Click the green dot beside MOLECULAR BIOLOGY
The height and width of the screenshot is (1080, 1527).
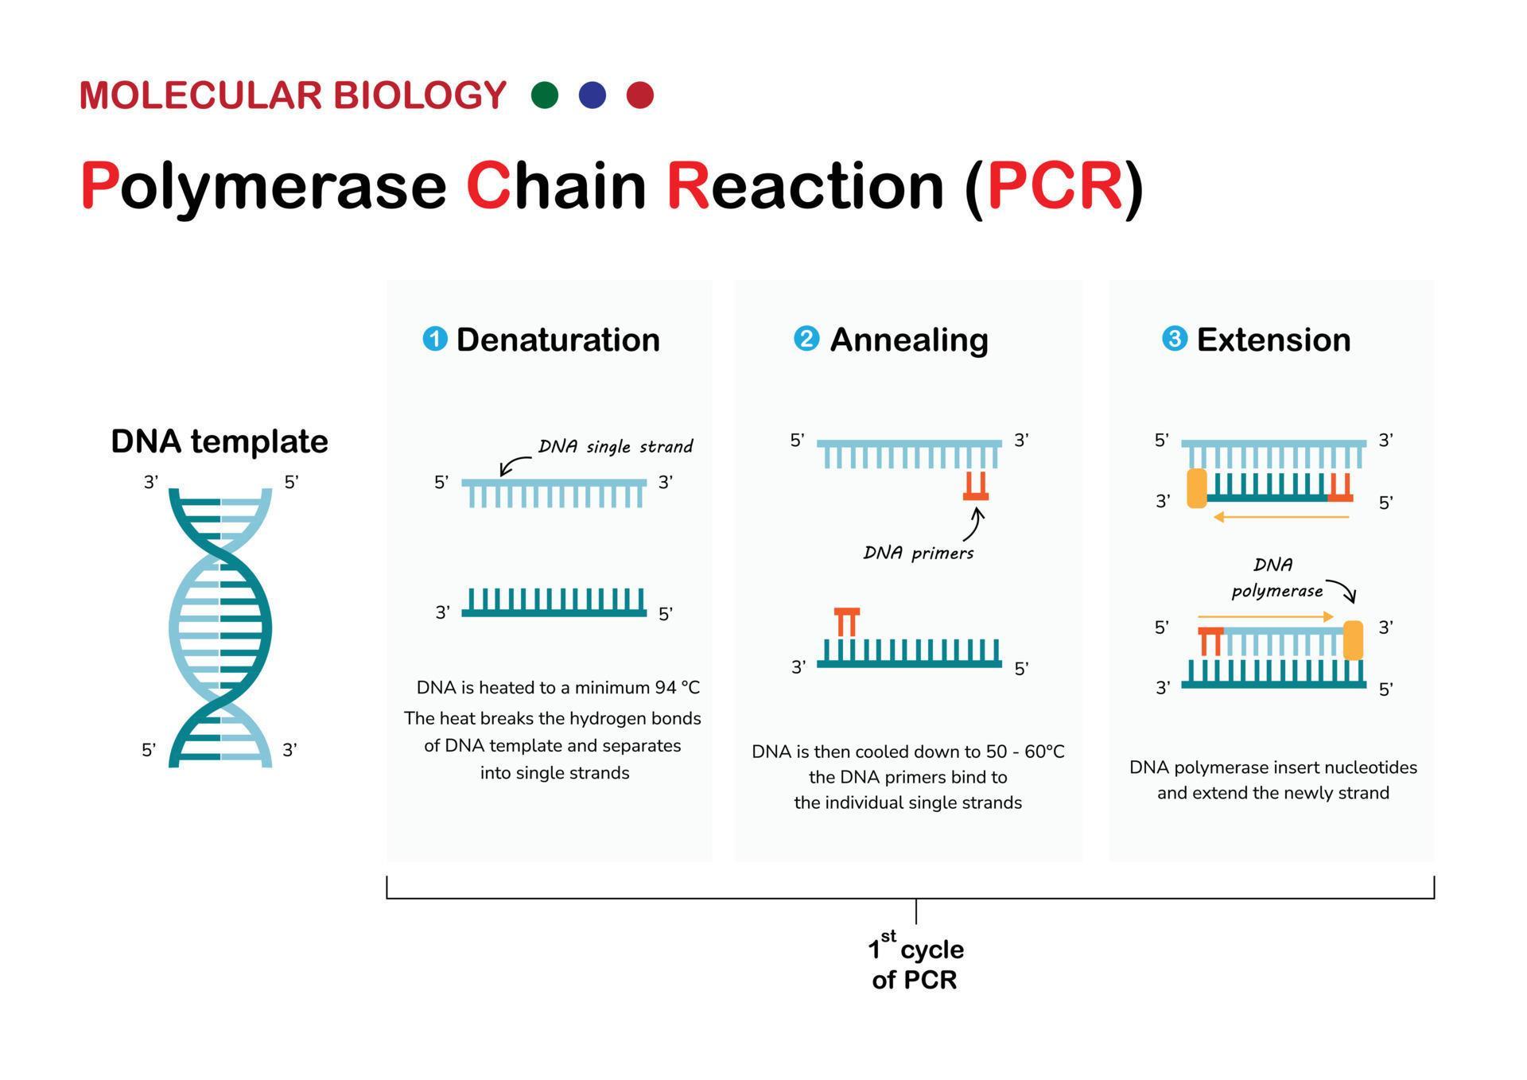[545, 95]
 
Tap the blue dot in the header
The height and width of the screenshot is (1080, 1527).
[593, 95]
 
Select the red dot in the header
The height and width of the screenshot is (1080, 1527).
[640, 95]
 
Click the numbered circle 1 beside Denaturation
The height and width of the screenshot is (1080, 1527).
[435, 339]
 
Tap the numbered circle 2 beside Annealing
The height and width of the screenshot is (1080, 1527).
[806, 339]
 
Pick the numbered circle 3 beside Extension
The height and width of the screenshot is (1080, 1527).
[1175, 339]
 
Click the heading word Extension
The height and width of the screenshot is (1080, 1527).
[1273, 340]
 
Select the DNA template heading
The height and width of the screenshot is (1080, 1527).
[220, 441]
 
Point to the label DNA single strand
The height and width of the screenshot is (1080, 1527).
[616, 446]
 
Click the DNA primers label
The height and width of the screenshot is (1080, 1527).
[919, 553]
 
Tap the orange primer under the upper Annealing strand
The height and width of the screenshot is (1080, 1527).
[976, 487]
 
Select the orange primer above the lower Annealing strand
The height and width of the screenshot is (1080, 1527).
[847, 621]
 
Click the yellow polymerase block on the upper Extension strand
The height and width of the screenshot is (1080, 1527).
[1197, 488]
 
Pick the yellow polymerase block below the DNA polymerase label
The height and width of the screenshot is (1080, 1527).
[1353, 640]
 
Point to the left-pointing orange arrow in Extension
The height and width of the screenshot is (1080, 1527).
[1280, 518]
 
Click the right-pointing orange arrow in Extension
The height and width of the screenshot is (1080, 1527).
[1265, 616]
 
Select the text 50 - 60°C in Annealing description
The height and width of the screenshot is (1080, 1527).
[1025, 752]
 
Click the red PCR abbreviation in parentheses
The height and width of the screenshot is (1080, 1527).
[1054, 186]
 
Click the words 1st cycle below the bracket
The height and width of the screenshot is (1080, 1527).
[916, 949]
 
